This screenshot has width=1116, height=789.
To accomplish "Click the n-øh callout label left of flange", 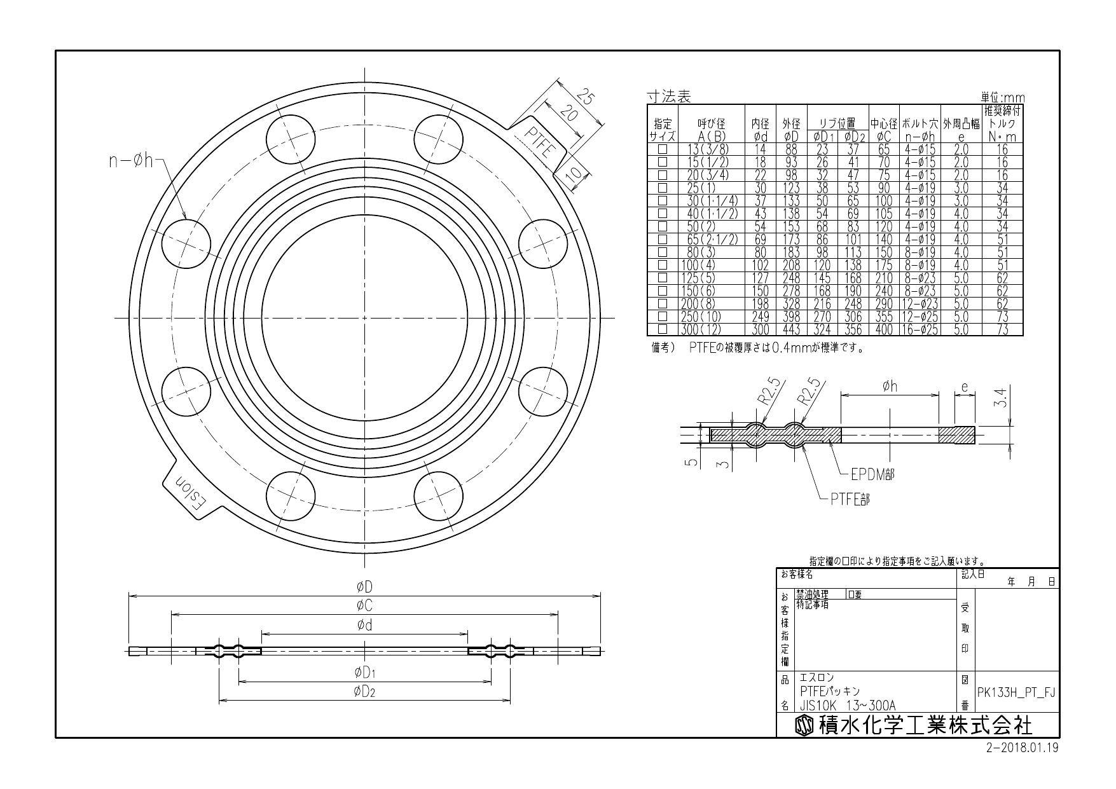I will (x=131, y=160).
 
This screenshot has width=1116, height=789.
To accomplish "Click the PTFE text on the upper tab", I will (x=541, y=142).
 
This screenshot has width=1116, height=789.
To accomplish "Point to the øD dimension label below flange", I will (x=364, y=586).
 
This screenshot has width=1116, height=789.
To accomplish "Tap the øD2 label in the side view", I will (x=364, y=692).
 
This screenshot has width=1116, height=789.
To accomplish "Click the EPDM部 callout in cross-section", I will (x=872, y=474).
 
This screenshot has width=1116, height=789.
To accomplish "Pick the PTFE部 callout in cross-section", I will (x=850, y=499).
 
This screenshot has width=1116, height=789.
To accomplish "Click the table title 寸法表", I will (x=668, y=97).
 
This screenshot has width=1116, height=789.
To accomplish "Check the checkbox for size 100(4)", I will (x=663, y=265).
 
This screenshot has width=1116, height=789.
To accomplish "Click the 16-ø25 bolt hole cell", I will (x=920, y=329).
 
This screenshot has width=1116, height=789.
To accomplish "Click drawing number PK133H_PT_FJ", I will (x=1016, y=692).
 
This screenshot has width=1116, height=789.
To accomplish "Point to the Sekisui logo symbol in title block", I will (x=804, y=725).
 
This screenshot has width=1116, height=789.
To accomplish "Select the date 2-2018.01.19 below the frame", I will (x=1022, y=748).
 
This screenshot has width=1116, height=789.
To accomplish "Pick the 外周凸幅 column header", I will (x=961, y=124).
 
